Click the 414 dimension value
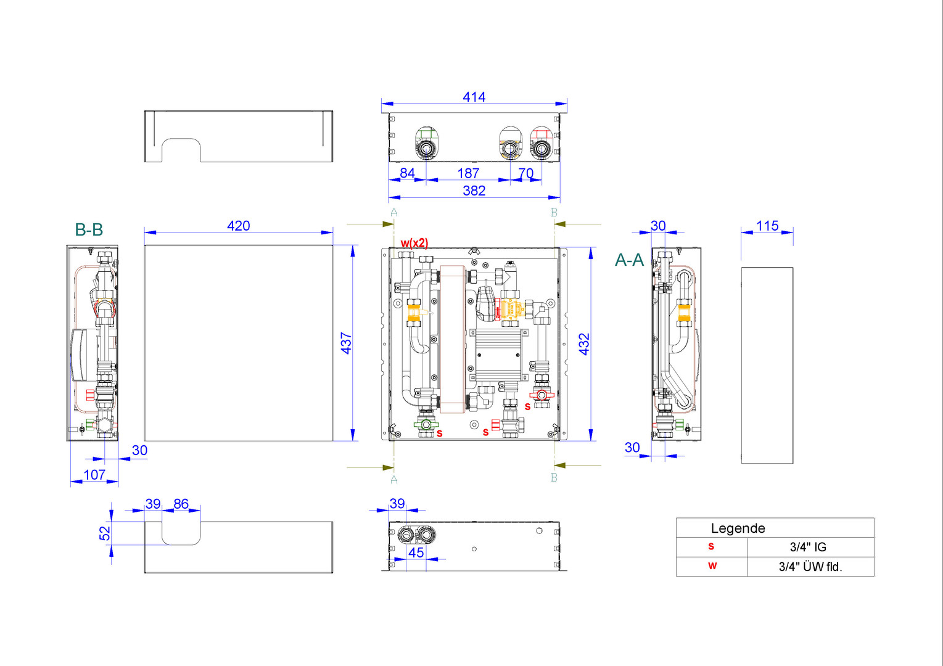(x=474, y=97)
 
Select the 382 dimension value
(x=474, y=191)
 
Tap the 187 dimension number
(x=468, y=173)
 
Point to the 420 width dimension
(x=239, y=226)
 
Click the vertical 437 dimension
(x=346, y=343)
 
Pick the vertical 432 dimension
(x=584, y=344)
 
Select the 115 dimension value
(x=767, y=226)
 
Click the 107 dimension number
(x=94, y=475)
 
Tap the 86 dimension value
(x=181, y=504)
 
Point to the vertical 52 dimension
(x=105, y=533)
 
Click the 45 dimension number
(x=416, y=553)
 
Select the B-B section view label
(x=89, y=230)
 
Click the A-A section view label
(x=629, y=260)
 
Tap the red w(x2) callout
(x=414, y=244)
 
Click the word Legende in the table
(x=738, y=528)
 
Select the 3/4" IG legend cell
(x=808, y=547)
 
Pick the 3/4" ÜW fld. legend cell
(x=810, y=567)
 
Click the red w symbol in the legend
(x=712, y=566)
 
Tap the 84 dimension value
(x=407, y=173)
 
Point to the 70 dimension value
(x=526, y=173)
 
